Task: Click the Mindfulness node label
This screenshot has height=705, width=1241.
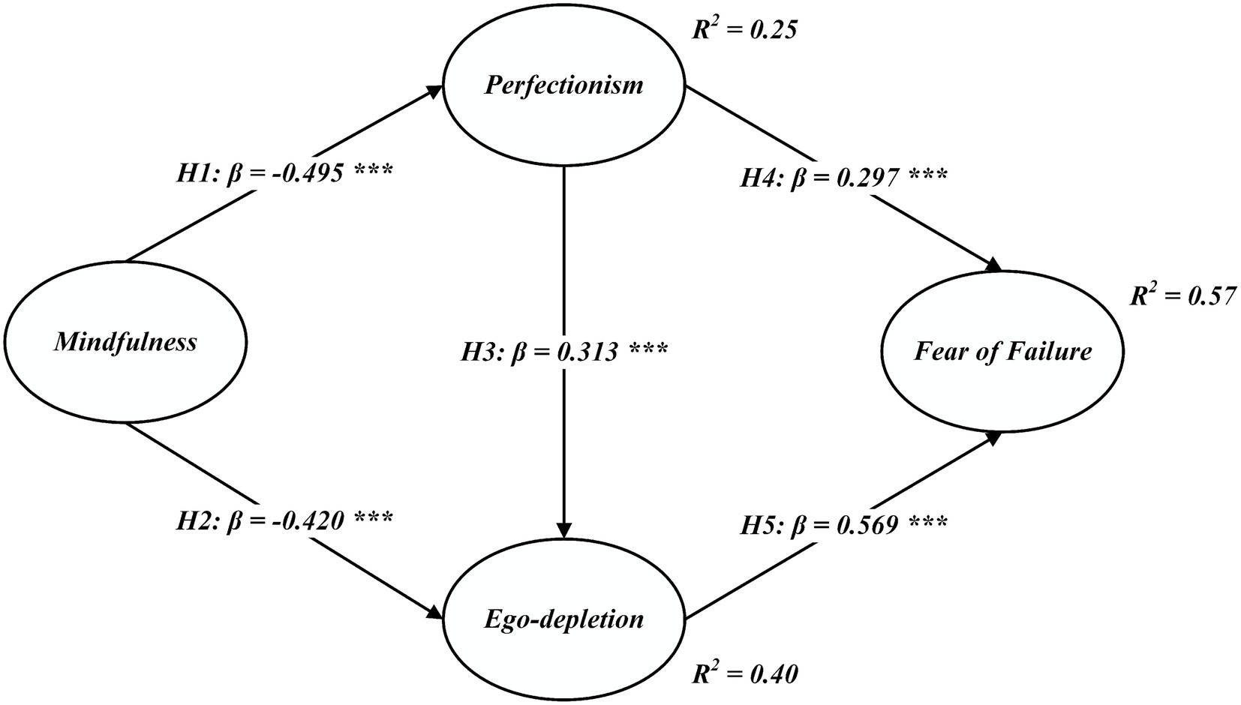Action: pyautogui.click(x=125, y=343)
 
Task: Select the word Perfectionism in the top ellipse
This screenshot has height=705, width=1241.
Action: pyautogui.click(x=563, y=85)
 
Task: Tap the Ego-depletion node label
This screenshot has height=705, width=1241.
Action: pyautogui.click(x=563, y=619)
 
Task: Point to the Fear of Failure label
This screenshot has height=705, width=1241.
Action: pyautogui.click(x=1002, y=350)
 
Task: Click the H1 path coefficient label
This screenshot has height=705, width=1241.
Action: pyautogui.click(x=284, y=173)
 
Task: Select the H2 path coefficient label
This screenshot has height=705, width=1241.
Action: pyautogui.click(x=284, y=519)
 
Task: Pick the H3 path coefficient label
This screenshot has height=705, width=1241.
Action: pyautogui.click(x=563, y=350)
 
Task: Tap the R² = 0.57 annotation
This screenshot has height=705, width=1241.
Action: pyautogui.click(x=1182, y=296)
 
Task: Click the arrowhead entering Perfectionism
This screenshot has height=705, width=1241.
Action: pyautogui.click(x=436, y=89)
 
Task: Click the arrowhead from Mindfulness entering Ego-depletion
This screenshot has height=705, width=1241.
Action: pyautogui.click(x=436, y=613)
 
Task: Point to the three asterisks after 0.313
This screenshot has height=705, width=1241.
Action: pyautogui.click(x=648, y=350)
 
